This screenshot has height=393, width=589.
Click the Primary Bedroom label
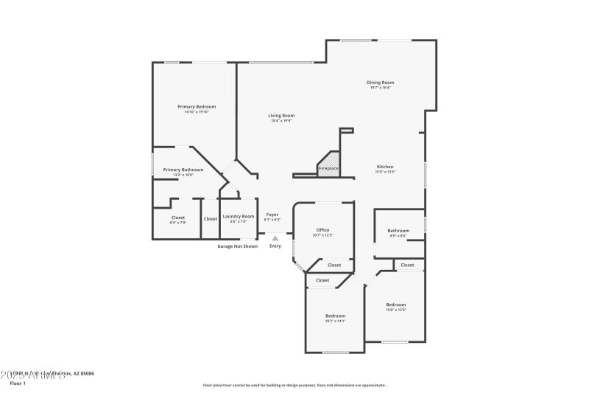(x=196, y=107)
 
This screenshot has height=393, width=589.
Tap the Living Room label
(x=281, y=116)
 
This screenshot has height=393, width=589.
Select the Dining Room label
(x=381, y=83)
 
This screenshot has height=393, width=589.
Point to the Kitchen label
(x=386, y=167)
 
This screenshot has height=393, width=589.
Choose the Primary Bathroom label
(x=178, y=170)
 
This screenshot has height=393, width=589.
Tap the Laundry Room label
(x=239, y=216)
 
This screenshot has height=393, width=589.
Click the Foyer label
(x=272, y=215)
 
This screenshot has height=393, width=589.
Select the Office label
(x=322, y=230)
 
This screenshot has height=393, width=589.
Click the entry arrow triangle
(x=275, y=238)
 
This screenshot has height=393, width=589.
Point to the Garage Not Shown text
(x=237, y=246)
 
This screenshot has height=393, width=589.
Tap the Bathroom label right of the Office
(x=398, y=231)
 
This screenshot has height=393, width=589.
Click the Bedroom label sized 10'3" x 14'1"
(x=335, y=316)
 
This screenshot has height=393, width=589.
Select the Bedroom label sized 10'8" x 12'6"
(x=396, y=305)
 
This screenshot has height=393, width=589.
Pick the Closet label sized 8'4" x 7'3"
(x=178, y=218)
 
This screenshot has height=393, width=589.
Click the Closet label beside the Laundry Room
(x=211, y=219)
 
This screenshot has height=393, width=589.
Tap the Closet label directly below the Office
(x=334, y=265)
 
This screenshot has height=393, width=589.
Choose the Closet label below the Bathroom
(x=407, y=265)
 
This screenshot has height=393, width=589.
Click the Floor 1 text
(x=17, y=383)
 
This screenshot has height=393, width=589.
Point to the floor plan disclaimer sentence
(x=294, y=385)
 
